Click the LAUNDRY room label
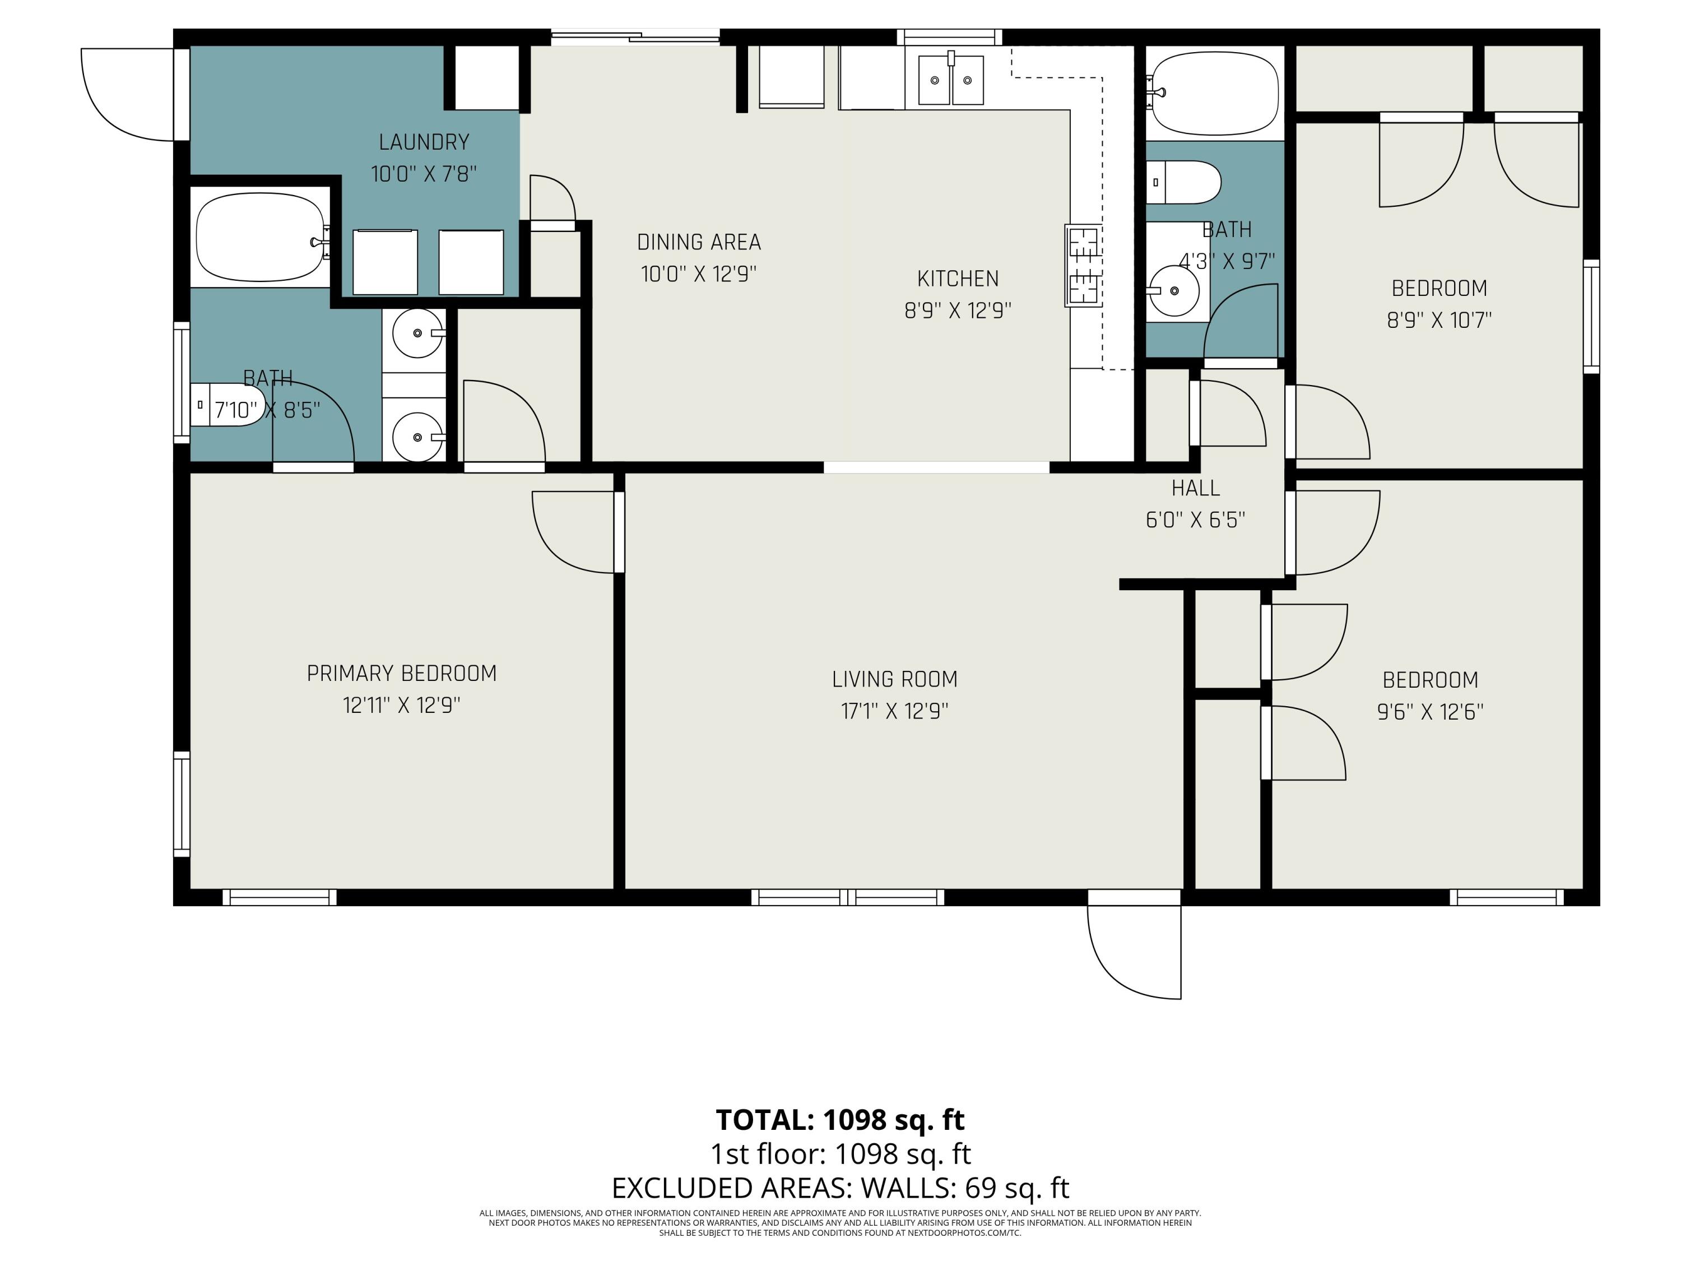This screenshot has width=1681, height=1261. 424,142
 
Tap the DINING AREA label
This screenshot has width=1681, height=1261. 699,243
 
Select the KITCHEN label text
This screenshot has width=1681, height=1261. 958,279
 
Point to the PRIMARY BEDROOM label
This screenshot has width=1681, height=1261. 401,674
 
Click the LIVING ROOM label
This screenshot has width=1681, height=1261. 894,679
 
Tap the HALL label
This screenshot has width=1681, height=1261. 1195,488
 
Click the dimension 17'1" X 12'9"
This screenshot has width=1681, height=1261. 894,711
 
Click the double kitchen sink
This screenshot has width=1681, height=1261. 951,80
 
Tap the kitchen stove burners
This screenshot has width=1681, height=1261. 1084,265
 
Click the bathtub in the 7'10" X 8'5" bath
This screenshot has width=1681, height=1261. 261,237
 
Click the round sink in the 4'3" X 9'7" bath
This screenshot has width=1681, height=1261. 1174,290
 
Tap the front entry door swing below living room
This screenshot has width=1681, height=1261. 1134,952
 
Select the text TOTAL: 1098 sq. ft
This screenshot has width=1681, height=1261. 840,1120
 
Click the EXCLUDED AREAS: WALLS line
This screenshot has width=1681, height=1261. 840,1187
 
